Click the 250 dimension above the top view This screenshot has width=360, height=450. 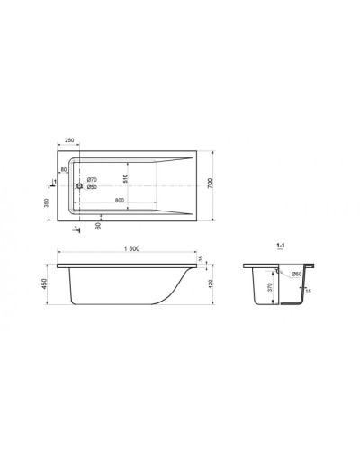click(69, 141)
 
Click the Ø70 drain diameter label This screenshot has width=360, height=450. click(92, 182)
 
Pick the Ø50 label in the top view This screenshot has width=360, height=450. click(92, 188)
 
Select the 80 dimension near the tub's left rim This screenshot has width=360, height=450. click(64, 169)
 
